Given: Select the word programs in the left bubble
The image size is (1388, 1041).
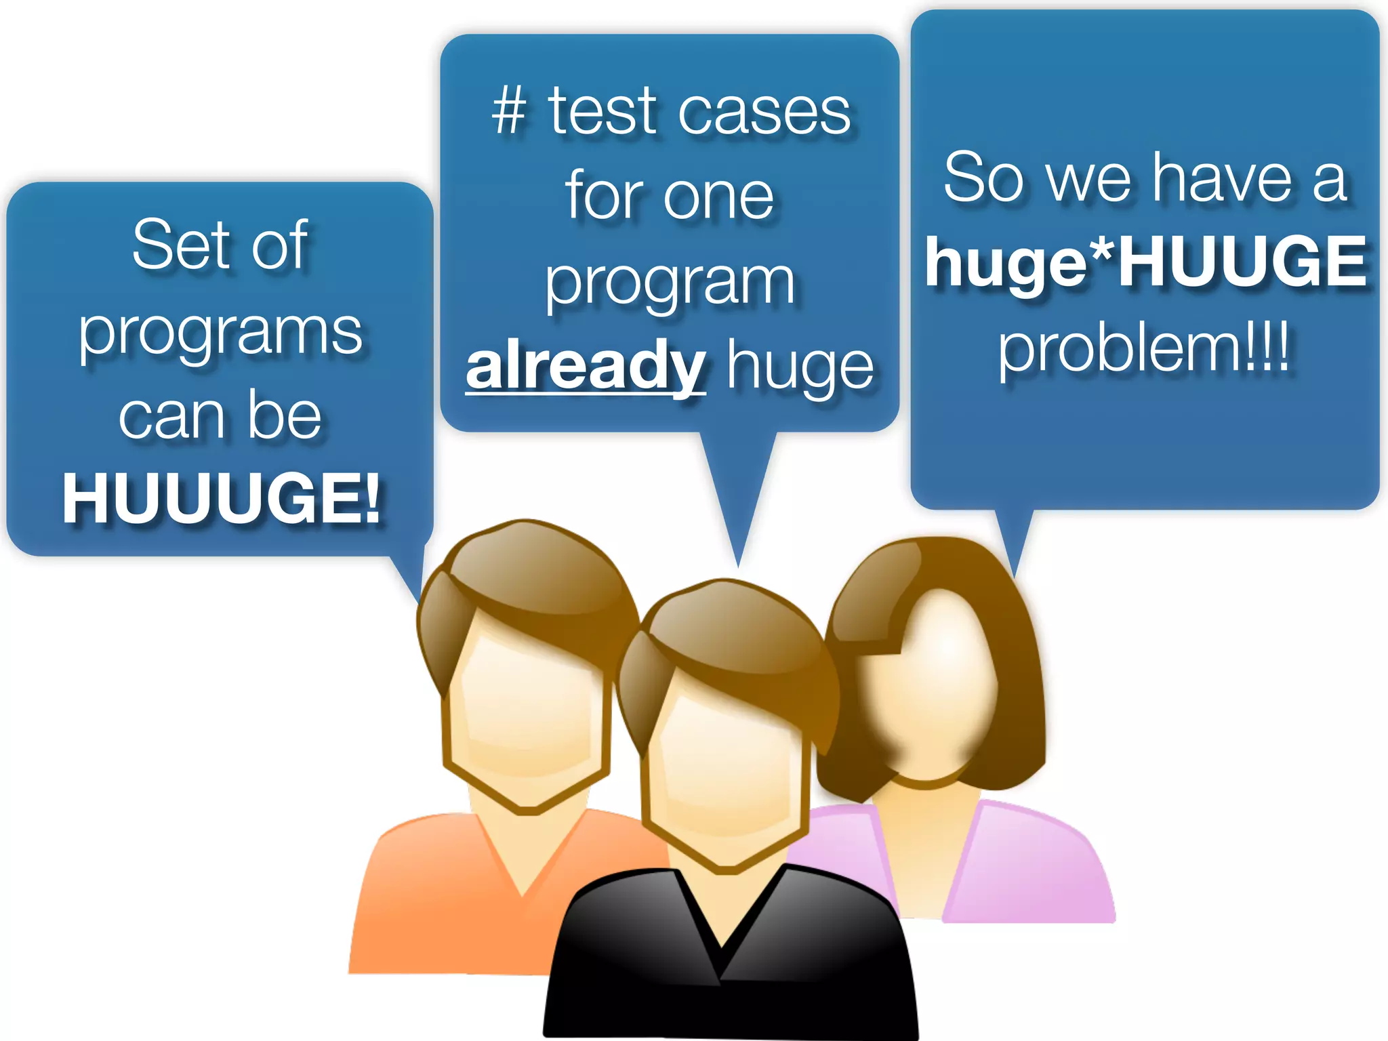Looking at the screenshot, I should [x=221, y=333].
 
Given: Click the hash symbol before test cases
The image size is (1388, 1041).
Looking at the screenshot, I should [x=509, y=111].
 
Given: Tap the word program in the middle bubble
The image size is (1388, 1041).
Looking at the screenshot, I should [x=670, y=283].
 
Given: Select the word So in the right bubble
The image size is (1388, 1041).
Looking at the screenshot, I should [x=983, y=178].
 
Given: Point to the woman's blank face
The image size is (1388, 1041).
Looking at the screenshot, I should [x=935, y=685].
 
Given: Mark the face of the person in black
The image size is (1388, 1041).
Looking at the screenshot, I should [x=725, y=766].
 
